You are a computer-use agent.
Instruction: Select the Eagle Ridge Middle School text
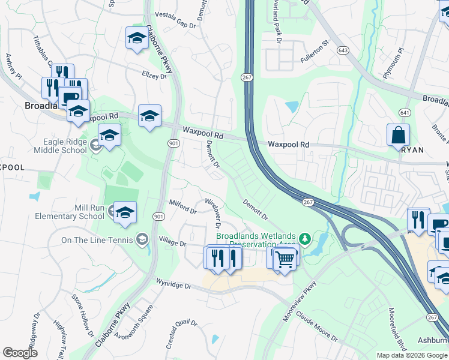[x=48, y=146]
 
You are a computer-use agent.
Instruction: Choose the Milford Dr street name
[x=182, y=207]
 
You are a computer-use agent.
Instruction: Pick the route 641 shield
[x=405, y=112]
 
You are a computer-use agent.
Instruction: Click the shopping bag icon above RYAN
[x=399, y=136]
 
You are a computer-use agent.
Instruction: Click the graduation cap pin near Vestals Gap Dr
[x=137, y=38]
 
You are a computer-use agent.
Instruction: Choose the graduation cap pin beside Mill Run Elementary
[x=125, y=212]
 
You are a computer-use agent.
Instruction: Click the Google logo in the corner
[x=20, y=353]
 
